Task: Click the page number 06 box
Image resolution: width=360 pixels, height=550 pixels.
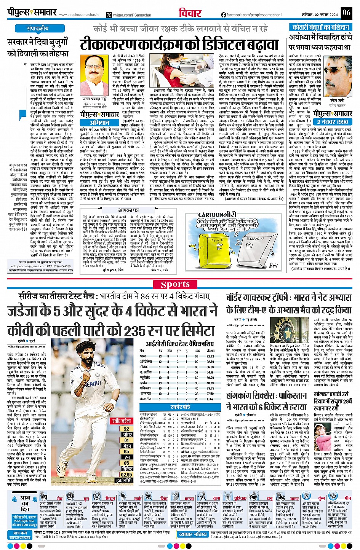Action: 346,12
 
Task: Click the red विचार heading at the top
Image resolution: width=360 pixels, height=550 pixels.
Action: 190,13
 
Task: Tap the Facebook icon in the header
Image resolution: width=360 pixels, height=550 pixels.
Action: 224,14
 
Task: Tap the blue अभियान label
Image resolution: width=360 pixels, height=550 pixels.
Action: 100,123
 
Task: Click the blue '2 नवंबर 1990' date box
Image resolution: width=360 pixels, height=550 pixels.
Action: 332,122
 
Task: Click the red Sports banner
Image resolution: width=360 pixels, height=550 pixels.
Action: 175,284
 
